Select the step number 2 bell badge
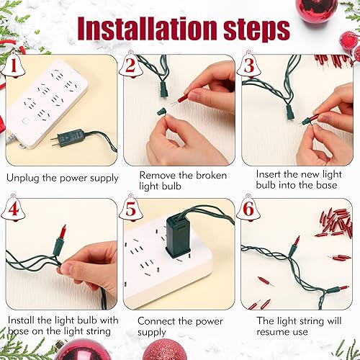(x=130, y=67)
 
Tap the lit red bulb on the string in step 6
(x=295, y=240)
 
